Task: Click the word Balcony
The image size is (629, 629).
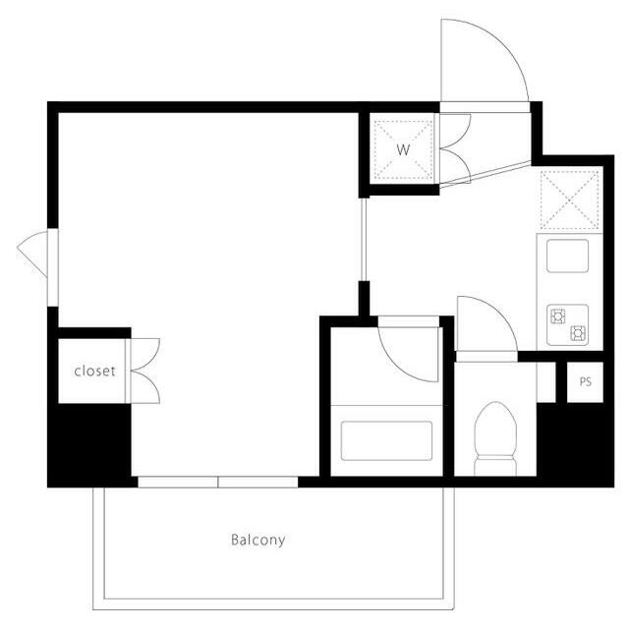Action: click(x=257, y=540)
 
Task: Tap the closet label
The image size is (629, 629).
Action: click(x=94, y=372)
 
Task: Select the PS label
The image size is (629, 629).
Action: click(x=586, y=381)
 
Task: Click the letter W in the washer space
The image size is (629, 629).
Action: click(x=404, y=150)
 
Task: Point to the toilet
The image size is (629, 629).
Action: click(x=495, y=438)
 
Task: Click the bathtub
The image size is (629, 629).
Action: click(x=386, y=440)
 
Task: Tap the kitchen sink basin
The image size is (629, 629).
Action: click(x=567, y=256)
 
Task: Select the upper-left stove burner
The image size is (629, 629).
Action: click(x=558, y=315)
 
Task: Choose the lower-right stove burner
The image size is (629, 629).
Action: click(x=578, y=333)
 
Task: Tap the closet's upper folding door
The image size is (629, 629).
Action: click(x=146, y=354)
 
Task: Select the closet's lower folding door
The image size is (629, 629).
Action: click(x=146, y=387)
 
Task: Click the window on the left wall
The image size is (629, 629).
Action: click(x=52, y=267)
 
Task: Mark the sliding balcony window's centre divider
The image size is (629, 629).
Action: click(x=218, y=482)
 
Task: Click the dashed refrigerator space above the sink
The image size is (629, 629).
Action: click(x=570, y=200)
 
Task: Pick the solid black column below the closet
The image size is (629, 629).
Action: click(x=89, y=444)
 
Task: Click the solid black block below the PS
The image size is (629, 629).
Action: click(x=575, y=444)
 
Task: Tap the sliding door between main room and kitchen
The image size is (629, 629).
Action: click(x=364, y=240)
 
